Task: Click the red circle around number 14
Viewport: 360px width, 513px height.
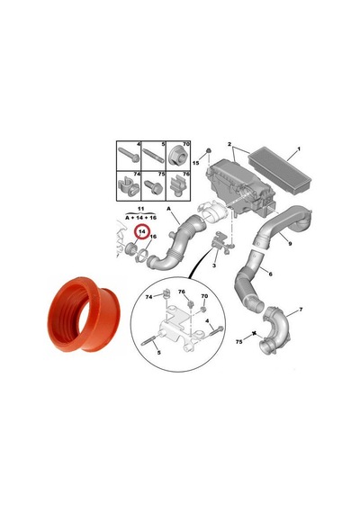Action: point(141,225)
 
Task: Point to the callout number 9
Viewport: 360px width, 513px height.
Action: point(290,243)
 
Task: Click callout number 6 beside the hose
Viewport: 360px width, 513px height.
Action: point(270,274)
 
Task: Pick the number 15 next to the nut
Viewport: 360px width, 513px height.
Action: point(195,163)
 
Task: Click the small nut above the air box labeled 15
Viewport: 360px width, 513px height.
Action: point(208,151)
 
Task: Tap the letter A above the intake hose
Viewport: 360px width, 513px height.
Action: point(169,209)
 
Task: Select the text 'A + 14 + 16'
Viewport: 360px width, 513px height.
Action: point(141,218)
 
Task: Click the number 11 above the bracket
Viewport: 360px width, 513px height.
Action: point(141,209)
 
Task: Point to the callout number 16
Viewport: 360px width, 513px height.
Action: point(153,236)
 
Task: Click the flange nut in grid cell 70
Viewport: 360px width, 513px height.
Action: point(177,159)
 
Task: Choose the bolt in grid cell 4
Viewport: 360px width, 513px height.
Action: point(129,156)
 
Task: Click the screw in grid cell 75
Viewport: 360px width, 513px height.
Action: point(153,186)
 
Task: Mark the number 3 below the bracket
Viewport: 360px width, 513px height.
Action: point(214,265)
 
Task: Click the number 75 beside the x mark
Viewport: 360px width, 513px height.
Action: point(239,342)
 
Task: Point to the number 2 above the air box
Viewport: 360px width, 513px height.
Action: point(229,144)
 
